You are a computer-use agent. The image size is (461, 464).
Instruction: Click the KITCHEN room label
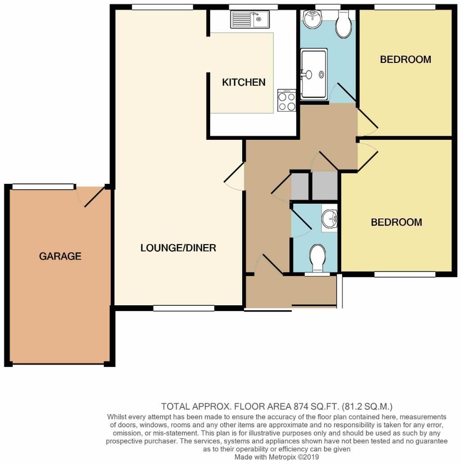(244, 82)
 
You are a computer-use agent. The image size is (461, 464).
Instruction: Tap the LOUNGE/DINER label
(178, 248)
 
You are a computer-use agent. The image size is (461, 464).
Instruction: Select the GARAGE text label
(60, 256)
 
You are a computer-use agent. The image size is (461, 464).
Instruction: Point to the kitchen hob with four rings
(287, 100)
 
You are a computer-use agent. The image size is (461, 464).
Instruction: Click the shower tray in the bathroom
(314, 74)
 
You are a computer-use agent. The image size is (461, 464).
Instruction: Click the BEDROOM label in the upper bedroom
(405, 59)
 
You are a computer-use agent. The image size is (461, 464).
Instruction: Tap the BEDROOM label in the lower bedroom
(396, 222)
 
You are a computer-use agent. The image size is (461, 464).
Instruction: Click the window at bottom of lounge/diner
(184, 308)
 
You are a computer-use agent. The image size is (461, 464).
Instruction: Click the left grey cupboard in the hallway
(300, 186)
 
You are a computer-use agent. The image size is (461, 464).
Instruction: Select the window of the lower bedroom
(404, 274)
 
